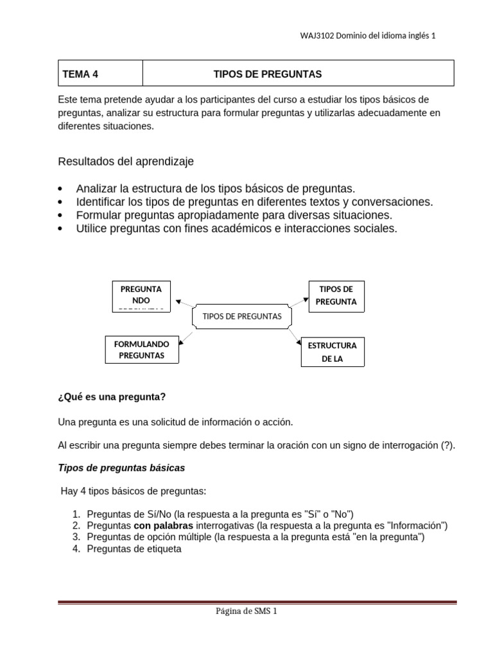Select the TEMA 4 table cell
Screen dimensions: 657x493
click(99, 74)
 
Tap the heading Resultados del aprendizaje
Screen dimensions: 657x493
click(126, 162)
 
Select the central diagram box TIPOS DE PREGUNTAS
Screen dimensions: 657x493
click(241, 316)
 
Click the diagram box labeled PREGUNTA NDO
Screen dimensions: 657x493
click(141, 296)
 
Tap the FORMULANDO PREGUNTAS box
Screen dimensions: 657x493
click(141, 350)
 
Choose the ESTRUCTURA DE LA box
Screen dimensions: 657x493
click(332, 352)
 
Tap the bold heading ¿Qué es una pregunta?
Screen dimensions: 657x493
click(112, 397)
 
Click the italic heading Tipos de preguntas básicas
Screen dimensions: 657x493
click(121, 468)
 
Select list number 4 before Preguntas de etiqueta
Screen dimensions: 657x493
click(74, 549)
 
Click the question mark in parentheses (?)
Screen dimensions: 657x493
click(447, 446)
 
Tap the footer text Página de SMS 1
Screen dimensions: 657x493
click(246, 611)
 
